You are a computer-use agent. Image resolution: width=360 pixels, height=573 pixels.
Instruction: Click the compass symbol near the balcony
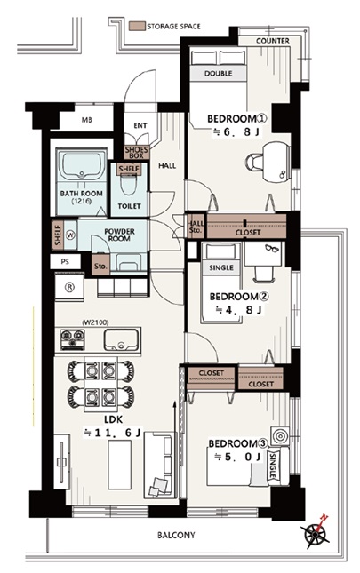coord(315,534)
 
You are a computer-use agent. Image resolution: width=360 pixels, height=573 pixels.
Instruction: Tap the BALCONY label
coord(176,535)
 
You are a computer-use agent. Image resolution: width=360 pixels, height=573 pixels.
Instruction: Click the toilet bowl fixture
coord(128,185)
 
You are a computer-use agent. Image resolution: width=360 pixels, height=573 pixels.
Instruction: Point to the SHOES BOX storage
coord(136,153)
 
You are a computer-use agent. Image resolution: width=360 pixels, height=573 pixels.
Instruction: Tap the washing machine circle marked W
coord(70,235)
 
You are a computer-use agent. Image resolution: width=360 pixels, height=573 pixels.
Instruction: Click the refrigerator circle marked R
coord(69,287)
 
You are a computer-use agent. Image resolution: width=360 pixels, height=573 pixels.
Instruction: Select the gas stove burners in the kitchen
coord(73,339)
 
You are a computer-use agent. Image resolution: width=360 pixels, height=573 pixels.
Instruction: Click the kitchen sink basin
coord(122,340)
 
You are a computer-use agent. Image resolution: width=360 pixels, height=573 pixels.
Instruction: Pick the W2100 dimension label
coord(95,322)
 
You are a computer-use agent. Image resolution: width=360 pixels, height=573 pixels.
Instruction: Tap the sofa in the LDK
coord(159,465)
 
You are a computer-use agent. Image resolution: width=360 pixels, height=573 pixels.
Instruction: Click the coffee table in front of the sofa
coord(119,465)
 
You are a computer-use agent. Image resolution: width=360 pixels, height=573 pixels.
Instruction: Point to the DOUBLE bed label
coord(218,74)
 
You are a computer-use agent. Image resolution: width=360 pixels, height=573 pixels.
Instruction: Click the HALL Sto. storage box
coord(196,227)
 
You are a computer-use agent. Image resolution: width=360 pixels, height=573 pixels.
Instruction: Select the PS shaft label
coord(66,262)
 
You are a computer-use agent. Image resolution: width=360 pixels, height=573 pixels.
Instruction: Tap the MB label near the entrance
coord(86,120)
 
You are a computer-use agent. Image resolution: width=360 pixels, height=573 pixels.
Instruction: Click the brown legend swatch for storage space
coord(138,26)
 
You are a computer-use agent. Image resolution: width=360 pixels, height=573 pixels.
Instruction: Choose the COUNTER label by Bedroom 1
coord(273,41)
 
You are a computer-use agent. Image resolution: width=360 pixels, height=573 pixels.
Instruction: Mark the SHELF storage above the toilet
coord(129,168)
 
